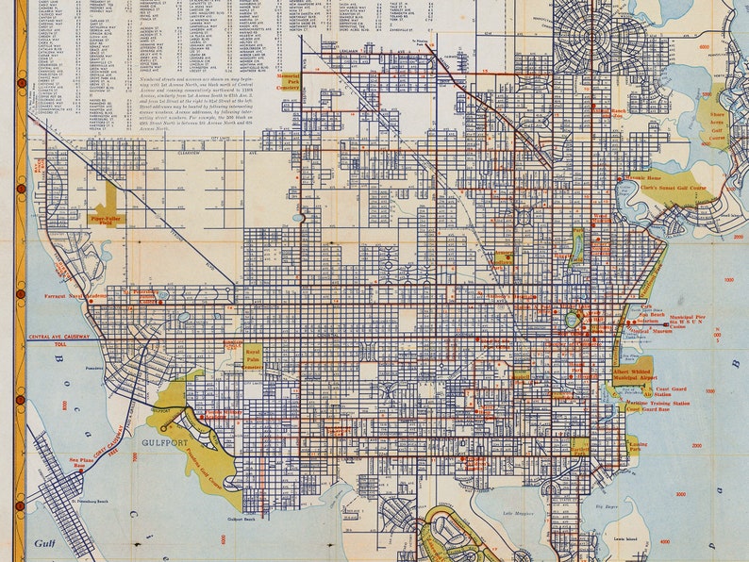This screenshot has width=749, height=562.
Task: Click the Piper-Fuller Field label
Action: click(x=107, y=219)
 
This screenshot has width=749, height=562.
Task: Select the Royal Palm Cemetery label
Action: click(x=253, y=357)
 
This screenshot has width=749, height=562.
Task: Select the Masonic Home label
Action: click(x=641, y=178)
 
